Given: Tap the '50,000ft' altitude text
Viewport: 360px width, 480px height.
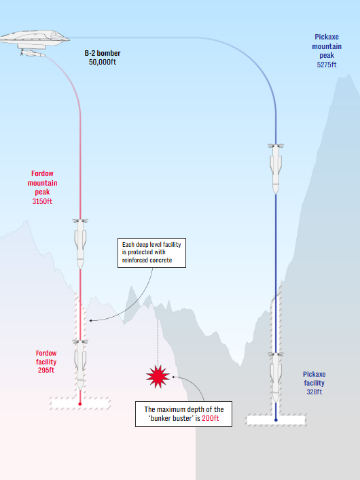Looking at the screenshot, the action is tap(103, 62).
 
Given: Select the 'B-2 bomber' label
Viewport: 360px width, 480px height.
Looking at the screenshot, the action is tap(103, 53).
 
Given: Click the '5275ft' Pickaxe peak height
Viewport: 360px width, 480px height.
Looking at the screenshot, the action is tap(327, 65).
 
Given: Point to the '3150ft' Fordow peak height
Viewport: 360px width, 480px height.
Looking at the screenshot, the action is tap(42, 201).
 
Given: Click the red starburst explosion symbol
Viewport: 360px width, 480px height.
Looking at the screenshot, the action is tap(158, 377).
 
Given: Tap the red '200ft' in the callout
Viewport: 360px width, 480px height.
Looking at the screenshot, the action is tap(211, 418).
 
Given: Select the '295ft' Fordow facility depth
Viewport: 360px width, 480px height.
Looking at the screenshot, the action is tap(46, 371).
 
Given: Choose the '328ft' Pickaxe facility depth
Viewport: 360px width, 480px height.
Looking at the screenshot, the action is tap(314, 392).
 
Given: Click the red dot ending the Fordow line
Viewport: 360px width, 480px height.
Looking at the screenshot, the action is tap(80, 404).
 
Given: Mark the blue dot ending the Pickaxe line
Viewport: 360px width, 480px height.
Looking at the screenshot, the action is tap(276, 420).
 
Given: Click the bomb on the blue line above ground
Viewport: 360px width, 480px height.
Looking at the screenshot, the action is tap(276, 169).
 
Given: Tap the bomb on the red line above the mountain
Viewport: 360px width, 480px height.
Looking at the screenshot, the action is tap(80, 244).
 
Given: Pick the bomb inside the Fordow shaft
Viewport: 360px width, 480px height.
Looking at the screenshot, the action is tap(80, 365).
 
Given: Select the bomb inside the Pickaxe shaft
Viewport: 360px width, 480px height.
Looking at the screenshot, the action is tap(276, 377).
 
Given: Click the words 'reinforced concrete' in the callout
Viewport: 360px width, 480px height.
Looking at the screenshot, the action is tap(147, 260).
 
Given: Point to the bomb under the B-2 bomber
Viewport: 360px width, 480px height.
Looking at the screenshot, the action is tap(33, 54).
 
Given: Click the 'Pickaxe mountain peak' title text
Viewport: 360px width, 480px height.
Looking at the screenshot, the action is tap(327, 46).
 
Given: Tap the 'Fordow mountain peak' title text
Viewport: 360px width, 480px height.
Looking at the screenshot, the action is tap(42, 183).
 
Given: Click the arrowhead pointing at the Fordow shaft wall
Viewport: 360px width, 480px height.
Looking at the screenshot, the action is tap(90, 320).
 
